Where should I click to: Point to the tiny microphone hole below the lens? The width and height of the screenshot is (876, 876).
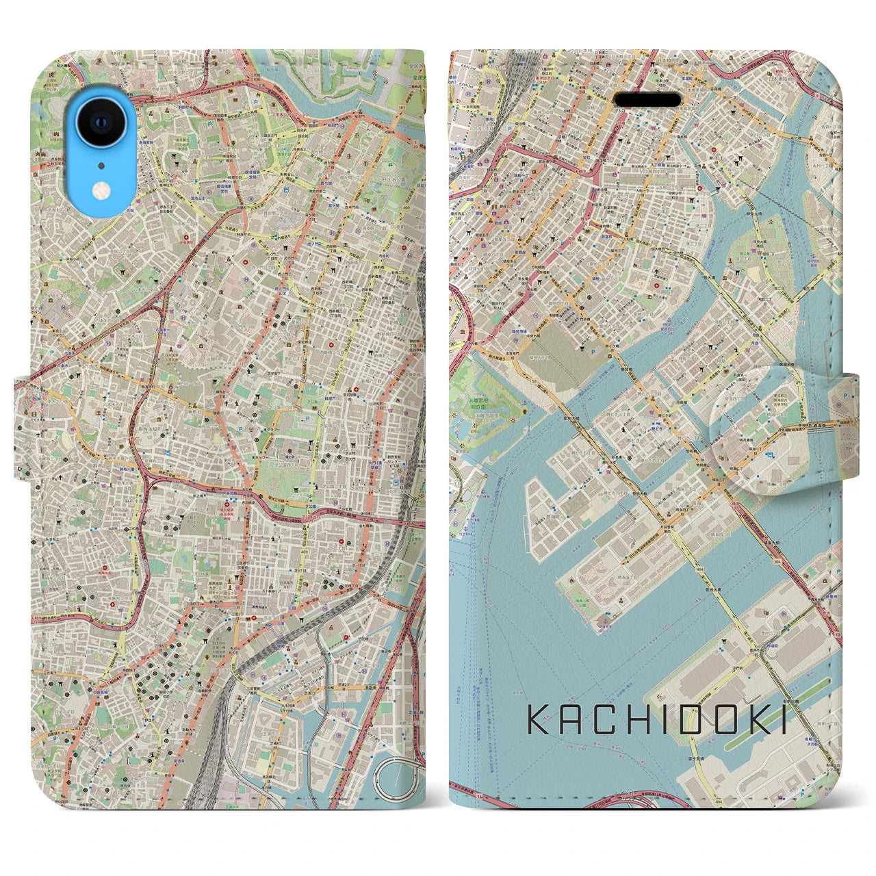pos(101,164)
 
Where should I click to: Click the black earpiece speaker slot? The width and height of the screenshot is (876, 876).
pos(647,100)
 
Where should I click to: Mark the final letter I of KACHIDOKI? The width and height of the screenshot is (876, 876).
pos(783,722)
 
